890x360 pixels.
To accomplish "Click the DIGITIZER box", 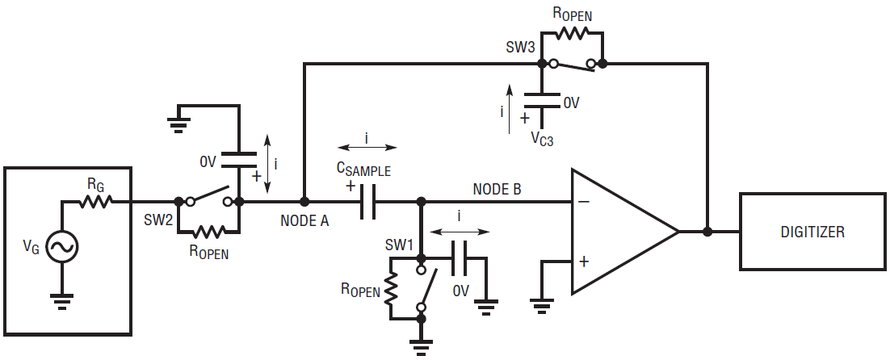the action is point(812,232).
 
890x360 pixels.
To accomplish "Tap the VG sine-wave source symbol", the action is point(61,247).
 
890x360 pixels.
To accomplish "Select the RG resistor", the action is point(96,201).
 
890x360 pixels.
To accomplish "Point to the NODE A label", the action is point(304,221).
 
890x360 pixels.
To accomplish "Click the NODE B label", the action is point(497,190).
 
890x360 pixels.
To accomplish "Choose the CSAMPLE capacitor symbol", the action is point(367,202).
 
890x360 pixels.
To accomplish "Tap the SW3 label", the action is point(520,48).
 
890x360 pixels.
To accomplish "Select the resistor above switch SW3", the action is point(572,33).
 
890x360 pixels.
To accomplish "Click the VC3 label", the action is point(542,139).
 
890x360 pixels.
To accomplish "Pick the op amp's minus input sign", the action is point(584,202).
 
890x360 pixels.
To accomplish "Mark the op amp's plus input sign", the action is point(584,262).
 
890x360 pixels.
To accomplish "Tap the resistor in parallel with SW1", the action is point(391,288).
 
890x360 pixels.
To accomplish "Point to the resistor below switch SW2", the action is point(208,232).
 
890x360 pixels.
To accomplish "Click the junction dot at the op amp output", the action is point(707,232).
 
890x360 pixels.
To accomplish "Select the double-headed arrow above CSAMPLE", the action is point(367,148).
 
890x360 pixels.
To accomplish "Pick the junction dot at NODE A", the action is point(304,201).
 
